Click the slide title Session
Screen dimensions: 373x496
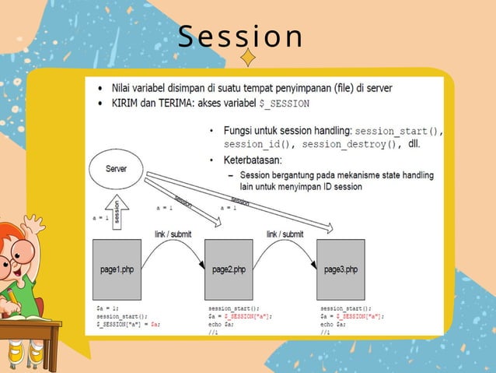pyautogui.click(x=240, y=37)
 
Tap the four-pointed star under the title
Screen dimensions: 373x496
pyautogui.click(x=247, y=57)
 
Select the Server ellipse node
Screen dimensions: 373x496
pyautogui.click(x=117, y=169)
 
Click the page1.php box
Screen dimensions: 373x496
pyautogui.click(x=117, y=269)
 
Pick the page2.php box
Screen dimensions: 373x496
pyautogui.click(x=229, y=269)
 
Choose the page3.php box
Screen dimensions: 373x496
pyautogui.click(x=341, y=269)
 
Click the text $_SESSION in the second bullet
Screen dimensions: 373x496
pyautogui.click(x=285, y=103)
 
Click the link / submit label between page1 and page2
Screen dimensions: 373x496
pyautogui.click(x=173, y=234)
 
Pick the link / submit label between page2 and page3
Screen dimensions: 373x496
pyautogui.click(x=285, y=234)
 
